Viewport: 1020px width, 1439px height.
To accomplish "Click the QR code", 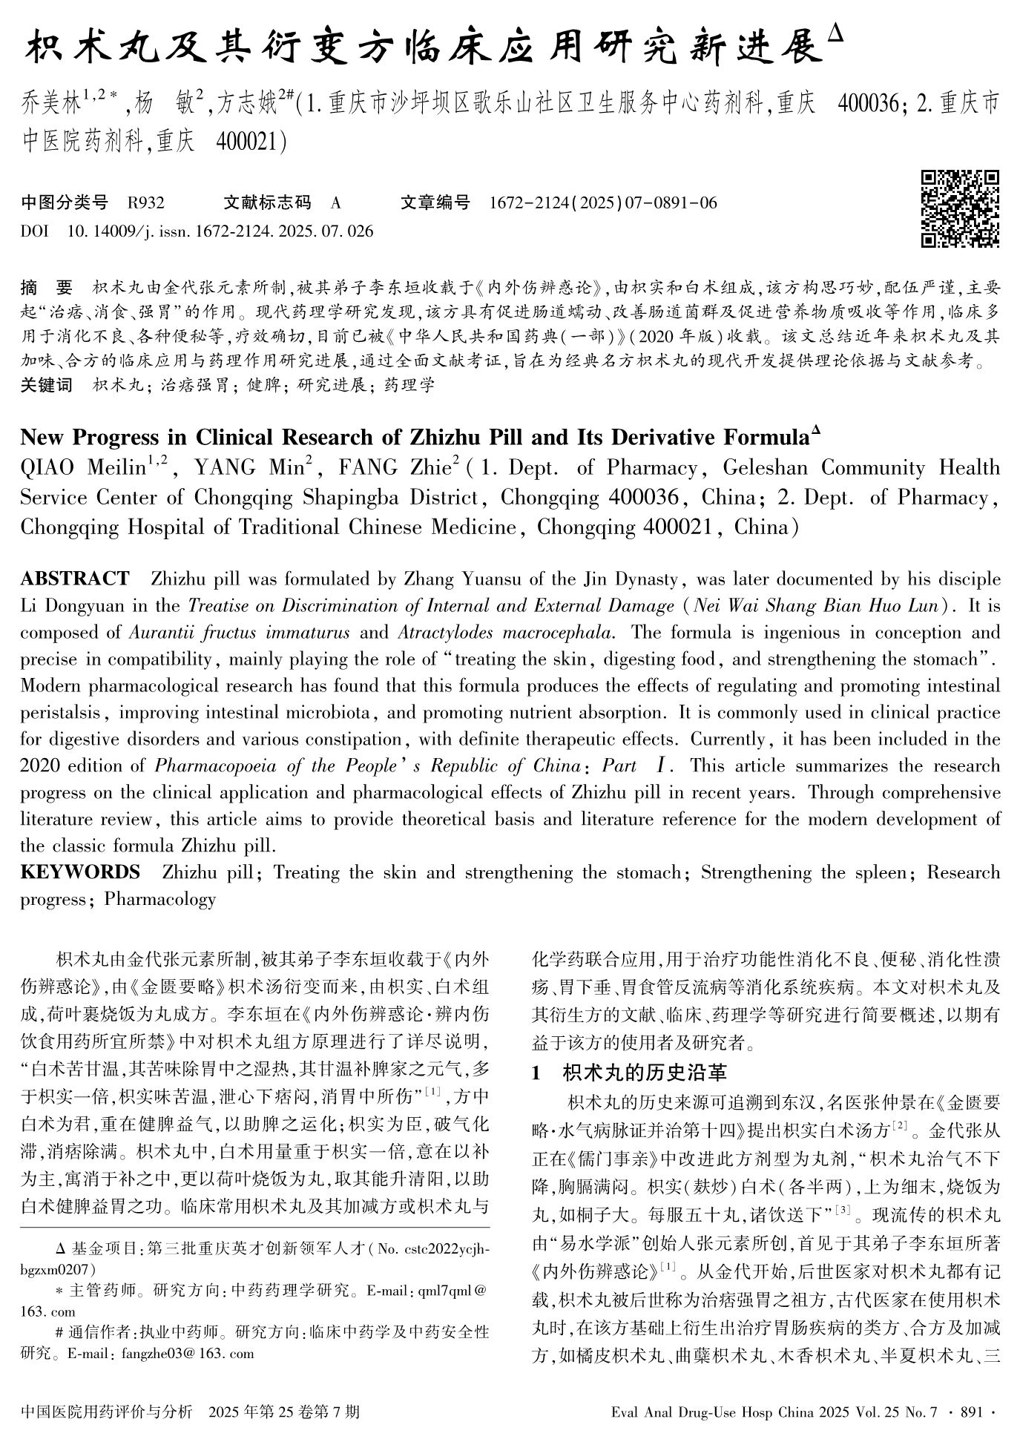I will [x=960, y=208].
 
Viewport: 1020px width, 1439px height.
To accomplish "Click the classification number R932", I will [x=145, y=202].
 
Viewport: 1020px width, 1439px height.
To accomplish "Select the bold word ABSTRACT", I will [x=74, y=579].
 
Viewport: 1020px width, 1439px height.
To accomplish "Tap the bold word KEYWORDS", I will [x=79, y=872].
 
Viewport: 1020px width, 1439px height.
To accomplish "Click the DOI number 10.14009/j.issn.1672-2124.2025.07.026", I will [x=220, y=231].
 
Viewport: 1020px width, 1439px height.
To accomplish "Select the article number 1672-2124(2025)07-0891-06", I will [x=603, y=202].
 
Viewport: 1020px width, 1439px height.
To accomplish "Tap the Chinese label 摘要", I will [x=47, y=289].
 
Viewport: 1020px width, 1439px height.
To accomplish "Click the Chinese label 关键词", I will [x=47, y=385].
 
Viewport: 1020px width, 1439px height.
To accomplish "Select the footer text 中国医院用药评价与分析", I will [x=108, y=1411].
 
